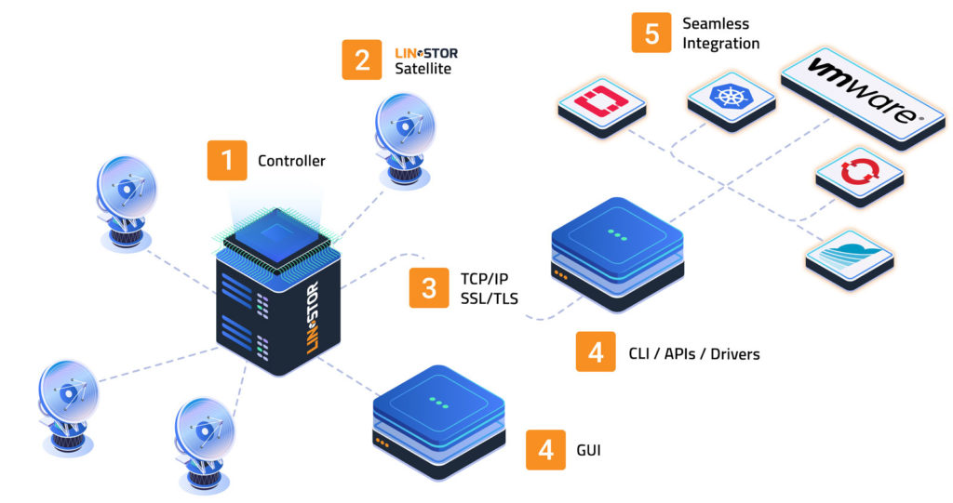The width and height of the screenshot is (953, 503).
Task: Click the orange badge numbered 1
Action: [x=226, y=160]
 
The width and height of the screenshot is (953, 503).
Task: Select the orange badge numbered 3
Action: [x=429, y=287]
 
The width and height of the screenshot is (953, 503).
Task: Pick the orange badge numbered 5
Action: [x=651, y=33]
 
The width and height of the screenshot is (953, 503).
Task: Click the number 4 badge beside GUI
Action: [x=546, y=450]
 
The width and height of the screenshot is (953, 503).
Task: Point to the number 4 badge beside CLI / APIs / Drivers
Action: [x=596, y=352]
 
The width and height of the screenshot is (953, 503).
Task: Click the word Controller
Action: [x=291, y=161]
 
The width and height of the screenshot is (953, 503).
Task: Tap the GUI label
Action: [x=588, y=451]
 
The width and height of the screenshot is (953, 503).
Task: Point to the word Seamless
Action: [x=716, y=23]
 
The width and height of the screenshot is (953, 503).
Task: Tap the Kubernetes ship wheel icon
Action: [x=729, y=97]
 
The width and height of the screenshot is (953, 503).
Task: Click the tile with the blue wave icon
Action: [x=849, y=254]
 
